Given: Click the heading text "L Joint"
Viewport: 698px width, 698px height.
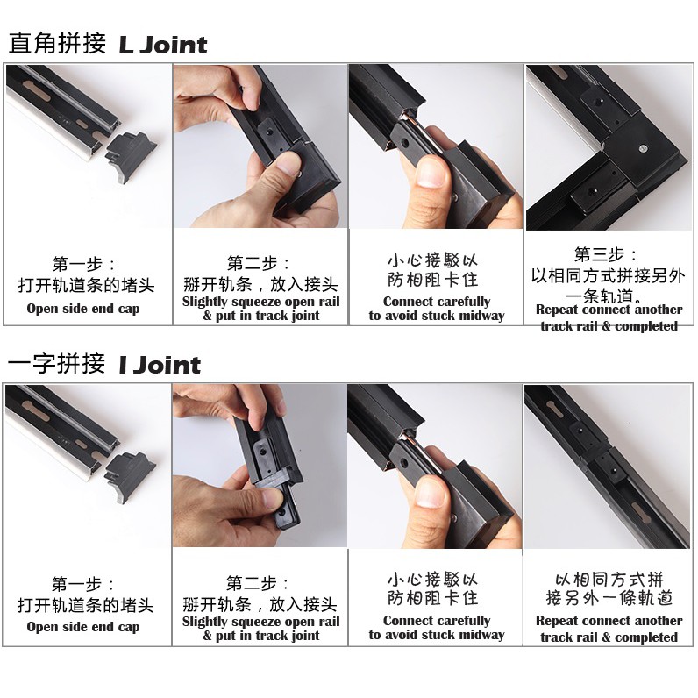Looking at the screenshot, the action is click(x=163, y=45).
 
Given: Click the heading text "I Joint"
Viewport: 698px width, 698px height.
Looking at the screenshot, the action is click(x=160, y=365).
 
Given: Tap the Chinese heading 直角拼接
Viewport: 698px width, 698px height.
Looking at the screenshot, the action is click(x=57, y=43).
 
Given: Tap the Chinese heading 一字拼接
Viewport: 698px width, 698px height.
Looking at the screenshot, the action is click(x=56, y=363).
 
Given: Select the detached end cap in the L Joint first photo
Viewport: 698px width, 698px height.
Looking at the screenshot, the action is click(x=130, y=157).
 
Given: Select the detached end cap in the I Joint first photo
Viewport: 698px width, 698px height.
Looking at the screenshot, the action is click(x=130, y=477).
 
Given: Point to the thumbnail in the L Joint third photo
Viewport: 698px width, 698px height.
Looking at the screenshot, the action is click(x=431, y=172).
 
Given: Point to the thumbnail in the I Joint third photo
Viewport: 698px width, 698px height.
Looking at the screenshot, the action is click(x=430, y=491).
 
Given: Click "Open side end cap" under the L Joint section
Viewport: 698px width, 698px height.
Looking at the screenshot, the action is click(x=83, y=309).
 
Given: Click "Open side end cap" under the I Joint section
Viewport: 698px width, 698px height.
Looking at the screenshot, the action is click(x=83, y=627).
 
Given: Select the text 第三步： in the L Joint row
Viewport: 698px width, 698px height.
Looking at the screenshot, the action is click(x=605, y=254).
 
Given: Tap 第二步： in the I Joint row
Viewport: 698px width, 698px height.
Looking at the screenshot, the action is click(x=258, y=583).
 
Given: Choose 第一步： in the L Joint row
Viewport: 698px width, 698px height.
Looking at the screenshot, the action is click(x=83, y=264).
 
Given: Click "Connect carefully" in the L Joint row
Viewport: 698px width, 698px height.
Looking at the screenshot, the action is click(x=437, y=302).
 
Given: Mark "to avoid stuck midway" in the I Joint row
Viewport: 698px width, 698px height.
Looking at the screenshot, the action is click(x=437, y=634).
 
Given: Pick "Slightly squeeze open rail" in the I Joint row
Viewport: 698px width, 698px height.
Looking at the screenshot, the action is click(x=260, y=622).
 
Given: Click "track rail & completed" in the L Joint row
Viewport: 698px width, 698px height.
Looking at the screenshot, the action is click(x=609, y=326).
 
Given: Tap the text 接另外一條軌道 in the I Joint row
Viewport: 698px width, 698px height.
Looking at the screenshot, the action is click(x=609, y=598).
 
